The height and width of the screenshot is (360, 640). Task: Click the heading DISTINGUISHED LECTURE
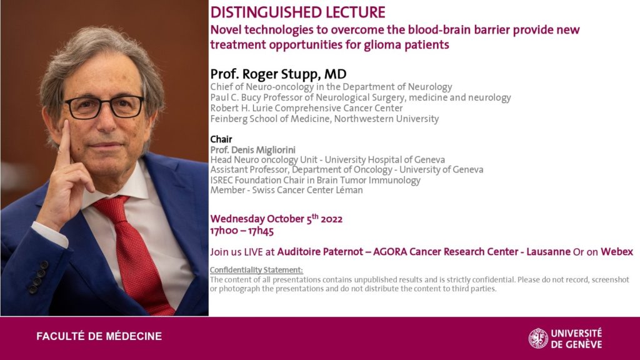coord(297,12)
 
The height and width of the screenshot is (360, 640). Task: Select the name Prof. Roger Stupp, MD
coord(278,74)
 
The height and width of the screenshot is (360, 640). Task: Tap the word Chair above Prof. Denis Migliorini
coord(221,139)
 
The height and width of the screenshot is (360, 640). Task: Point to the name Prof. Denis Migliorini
coord(252,150)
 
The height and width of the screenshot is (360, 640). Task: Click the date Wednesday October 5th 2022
coord(276,219)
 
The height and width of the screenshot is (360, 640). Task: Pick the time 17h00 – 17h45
coord(242,231)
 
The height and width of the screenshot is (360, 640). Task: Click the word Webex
coord(617,251)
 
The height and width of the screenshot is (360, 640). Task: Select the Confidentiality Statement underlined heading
coord(256,270)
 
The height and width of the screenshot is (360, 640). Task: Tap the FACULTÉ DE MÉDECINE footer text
coord(99,336)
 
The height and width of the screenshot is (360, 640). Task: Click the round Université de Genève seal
coord(538,338)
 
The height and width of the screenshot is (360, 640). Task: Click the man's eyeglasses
coord(104,107)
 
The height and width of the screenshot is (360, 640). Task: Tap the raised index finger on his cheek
coord(64,143)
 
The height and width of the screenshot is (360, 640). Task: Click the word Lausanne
coord(548,251)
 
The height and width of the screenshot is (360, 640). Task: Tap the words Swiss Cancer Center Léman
coord(307,190)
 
